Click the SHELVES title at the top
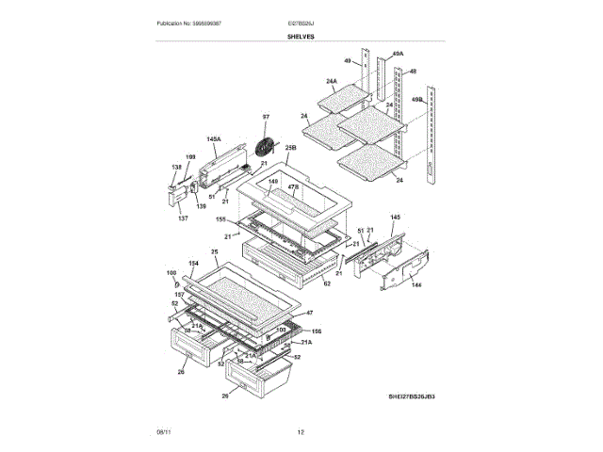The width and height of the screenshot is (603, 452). point(301,36)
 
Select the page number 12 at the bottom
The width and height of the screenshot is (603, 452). point(301,431)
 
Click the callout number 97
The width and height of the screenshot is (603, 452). point(266,117)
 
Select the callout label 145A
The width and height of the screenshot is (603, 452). point(213,139)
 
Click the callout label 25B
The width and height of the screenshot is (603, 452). point(291,148)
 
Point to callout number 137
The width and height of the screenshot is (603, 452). point(182,218)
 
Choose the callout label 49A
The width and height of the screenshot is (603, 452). point(397,54)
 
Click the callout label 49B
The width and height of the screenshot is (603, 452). point(417,98)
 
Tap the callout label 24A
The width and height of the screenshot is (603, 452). point(332,82)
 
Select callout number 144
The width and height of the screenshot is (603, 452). point(416,284)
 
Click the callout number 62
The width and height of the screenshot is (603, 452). point(327,282)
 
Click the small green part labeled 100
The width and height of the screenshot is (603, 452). point(175,282)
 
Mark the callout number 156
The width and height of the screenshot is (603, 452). point(317,331)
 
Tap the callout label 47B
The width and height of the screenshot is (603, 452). point(293,188)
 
